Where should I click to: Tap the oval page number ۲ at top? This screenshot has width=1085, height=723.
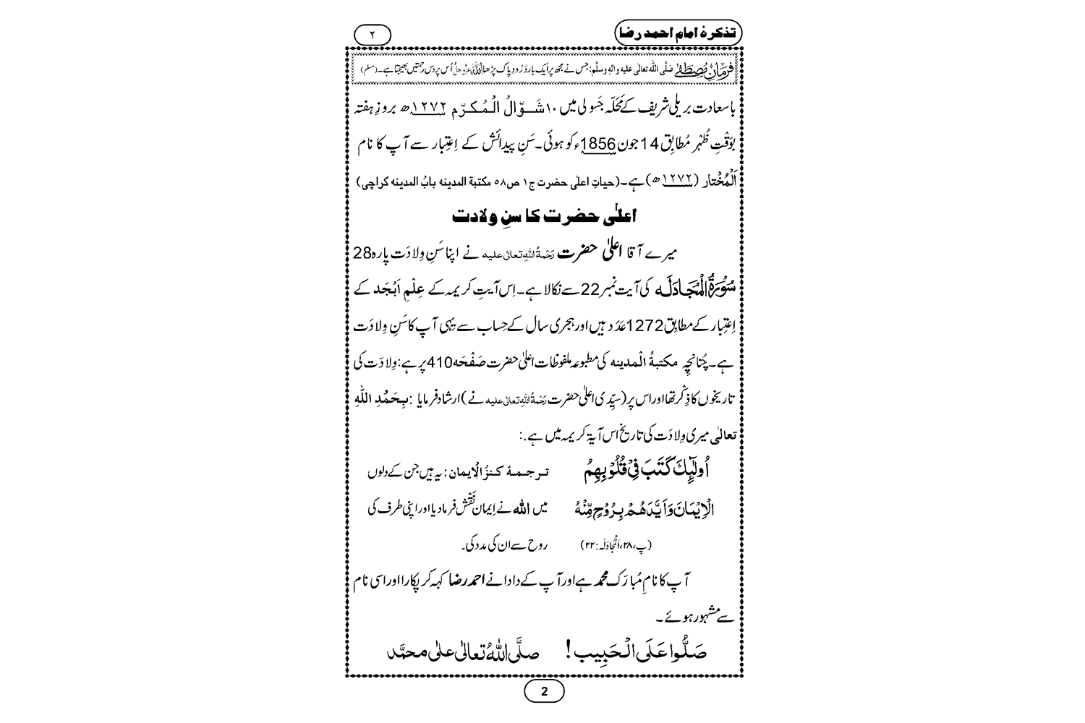(x=373, y=34)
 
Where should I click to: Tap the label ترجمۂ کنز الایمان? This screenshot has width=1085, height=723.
(x=506, y=473)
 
